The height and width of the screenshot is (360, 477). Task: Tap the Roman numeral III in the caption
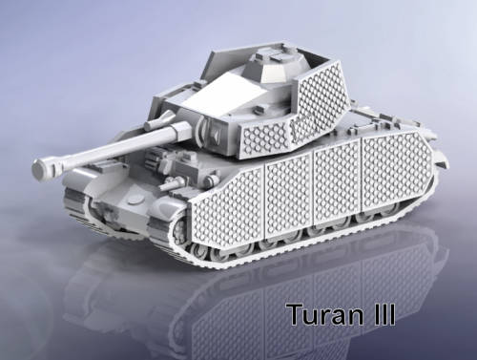pyautogui.click(x=384, y=313)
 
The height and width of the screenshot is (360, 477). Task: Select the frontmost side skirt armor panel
pyautogui.click(x=227, y=207)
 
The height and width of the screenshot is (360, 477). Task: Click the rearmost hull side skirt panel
pyautogui.click(x=397, y=171)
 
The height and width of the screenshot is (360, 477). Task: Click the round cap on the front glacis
pyautogui.click(x=135, y=201)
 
